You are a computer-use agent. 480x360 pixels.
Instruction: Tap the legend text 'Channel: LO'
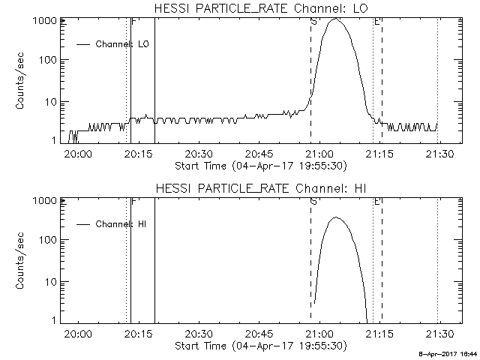(x=122, y=44)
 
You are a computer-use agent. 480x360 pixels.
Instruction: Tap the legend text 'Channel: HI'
(x=121, y=224)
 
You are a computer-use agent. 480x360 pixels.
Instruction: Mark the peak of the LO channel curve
(x=335, y=19)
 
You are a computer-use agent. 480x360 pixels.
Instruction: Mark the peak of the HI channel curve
(x=335, y=217)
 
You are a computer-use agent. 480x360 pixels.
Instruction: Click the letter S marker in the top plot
(x=313, y=22)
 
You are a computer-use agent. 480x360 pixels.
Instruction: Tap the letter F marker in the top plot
(x=133, y=22)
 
